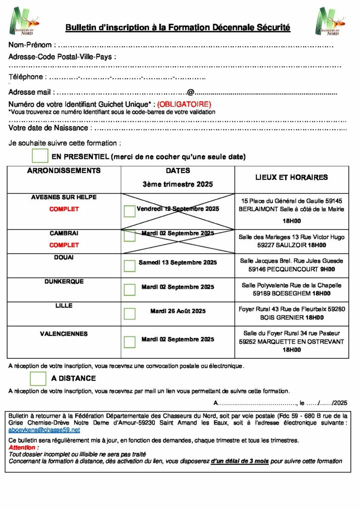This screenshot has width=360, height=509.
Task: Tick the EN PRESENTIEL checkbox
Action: coord(40,156)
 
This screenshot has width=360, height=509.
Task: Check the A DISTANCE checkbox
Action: coord(38,378)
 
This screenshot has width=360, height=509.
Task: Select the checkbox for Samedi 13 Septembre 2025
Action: coord(129,266)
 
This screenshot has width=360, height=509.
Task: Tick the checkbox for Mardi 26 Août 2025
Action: coord(129,314)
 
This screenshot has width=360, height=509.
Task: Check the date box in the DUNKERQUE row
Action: coord(129,290)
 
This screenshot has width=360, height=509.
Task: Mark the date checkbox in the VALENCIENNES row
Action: coord(129,342)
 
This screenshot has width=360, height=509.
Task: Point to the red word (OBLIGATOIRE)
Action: coord(184,104)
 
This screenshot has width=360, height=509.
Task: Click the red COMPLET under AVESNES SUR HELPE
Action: coord(64,209)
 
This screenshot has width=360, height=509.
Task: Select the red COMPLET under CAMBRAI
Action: coord(64,245)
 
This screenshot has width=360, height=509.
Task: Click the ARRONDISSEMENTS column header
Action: coord(64,170)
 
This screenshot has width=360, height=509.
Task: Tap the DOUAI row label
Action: coord(64,257)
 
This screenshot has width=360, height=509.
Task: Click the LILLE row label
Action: coord(64,306)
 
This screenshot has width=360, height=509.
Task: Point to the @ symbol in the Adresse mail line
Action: coord(190,92)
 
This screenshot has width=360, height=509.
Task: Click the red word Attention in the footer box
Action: coord(22,448)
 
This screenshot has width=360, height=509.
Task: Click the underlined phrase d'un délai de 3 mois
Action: coord(240,461)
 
